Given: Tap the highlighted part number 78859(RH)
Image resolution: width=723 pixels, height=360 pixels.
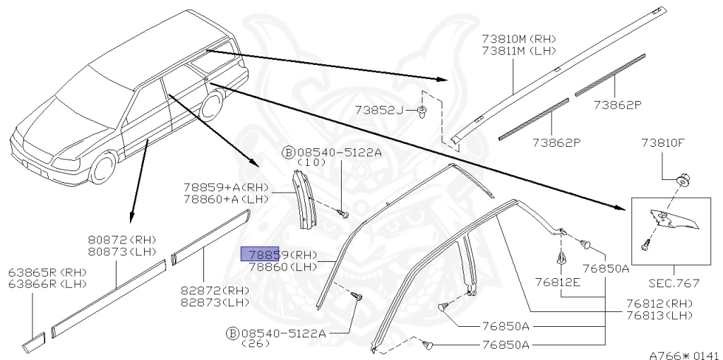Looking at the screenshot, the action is coord(279,254).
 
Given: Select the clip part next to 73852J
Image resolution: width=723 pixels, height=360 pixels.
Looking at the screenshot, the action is coord(422,112).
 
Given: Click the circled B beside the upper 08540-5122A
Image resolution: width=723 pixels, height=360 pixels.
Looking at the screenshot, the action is coord(288,151).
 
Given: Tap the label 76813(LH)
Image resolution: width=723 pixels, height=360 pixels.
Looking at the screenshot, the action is coord(658,315).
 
